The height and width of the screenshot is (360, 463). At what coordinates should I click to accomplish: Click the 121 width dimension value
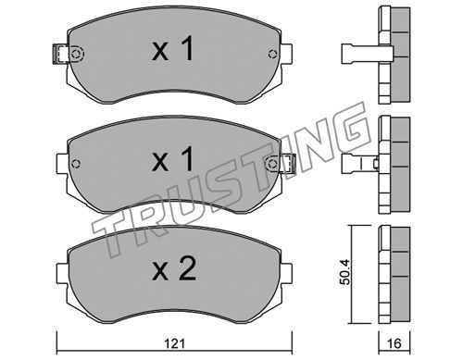pyautogui.click(x=175, y=342)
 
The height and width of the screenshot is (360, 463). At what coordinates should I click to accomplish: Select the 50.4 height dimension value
pyautogui.click(x=345, y=272)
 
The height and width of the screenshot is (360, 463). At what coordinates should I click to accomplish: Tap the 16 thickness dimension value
pyautogui.click(x=394, y=343)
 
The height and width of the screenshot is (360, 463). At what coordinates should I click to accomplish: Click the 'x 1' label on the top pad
pyautogui.click(x=173, y=49)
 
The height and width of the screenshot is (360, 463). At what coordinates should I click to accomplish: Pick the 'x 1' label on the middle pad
pyautogui.click(x=173, y=159)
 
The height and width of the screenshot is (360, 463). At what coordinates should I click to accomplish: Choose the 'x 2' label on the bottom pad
pyautogui.click(x=174, y=268)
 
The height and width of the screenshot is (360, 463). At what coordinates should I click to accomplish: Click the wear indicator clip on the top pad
pyautogui.click(x=60, y=54)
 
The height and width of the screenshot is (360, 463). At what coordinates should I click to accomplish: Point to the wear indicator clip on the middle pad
pyautogui.click(x=288, y=163)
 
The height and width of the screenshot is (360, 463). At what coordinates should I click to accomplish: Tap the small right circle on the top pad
pyautogui.click(x=272, y=54)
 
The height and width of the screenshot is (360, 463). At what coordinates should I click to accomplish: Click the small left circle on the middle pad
pyautogui.click(x=75, y=164)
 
